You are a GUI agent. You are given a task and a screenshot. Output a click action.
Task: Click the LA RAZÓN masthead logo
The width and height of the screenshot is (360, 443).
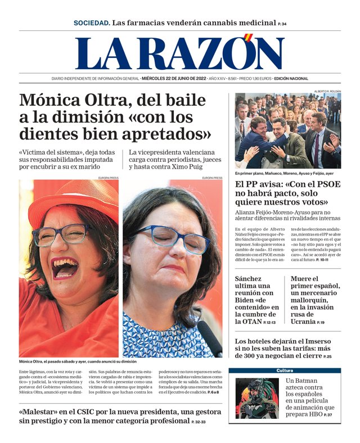tap(179, 53)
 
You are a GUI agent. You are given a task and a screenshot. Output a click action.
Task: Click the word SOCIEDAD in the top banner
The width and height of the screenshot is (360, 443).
tap(91, 23)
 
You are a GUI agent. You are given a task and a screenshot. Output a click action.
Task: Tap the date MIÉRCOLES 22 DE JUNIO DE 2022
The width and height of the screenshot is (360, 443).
tap(174, 79)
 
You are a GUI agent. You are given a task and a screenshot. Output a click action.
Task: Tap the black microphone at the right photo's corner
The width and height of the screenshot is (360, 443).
tap(210, 338)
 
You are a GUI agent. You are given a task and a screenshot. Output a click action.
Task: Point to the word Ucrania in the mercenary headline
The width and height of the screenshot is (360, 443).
tap(303, 322)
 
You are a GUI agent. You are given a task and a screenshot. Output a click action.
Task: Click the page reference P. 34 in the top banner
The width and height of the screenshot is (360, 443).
tap(282, 24)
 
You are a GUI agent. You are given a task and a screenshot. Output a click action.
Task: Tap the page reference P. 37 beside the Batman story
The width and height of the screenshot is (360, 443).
tap(328, 415)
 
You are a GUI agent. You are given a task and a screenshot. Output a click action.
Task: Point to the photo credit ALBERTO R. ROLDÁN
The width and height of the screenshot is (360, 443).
tap(327, 91)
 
